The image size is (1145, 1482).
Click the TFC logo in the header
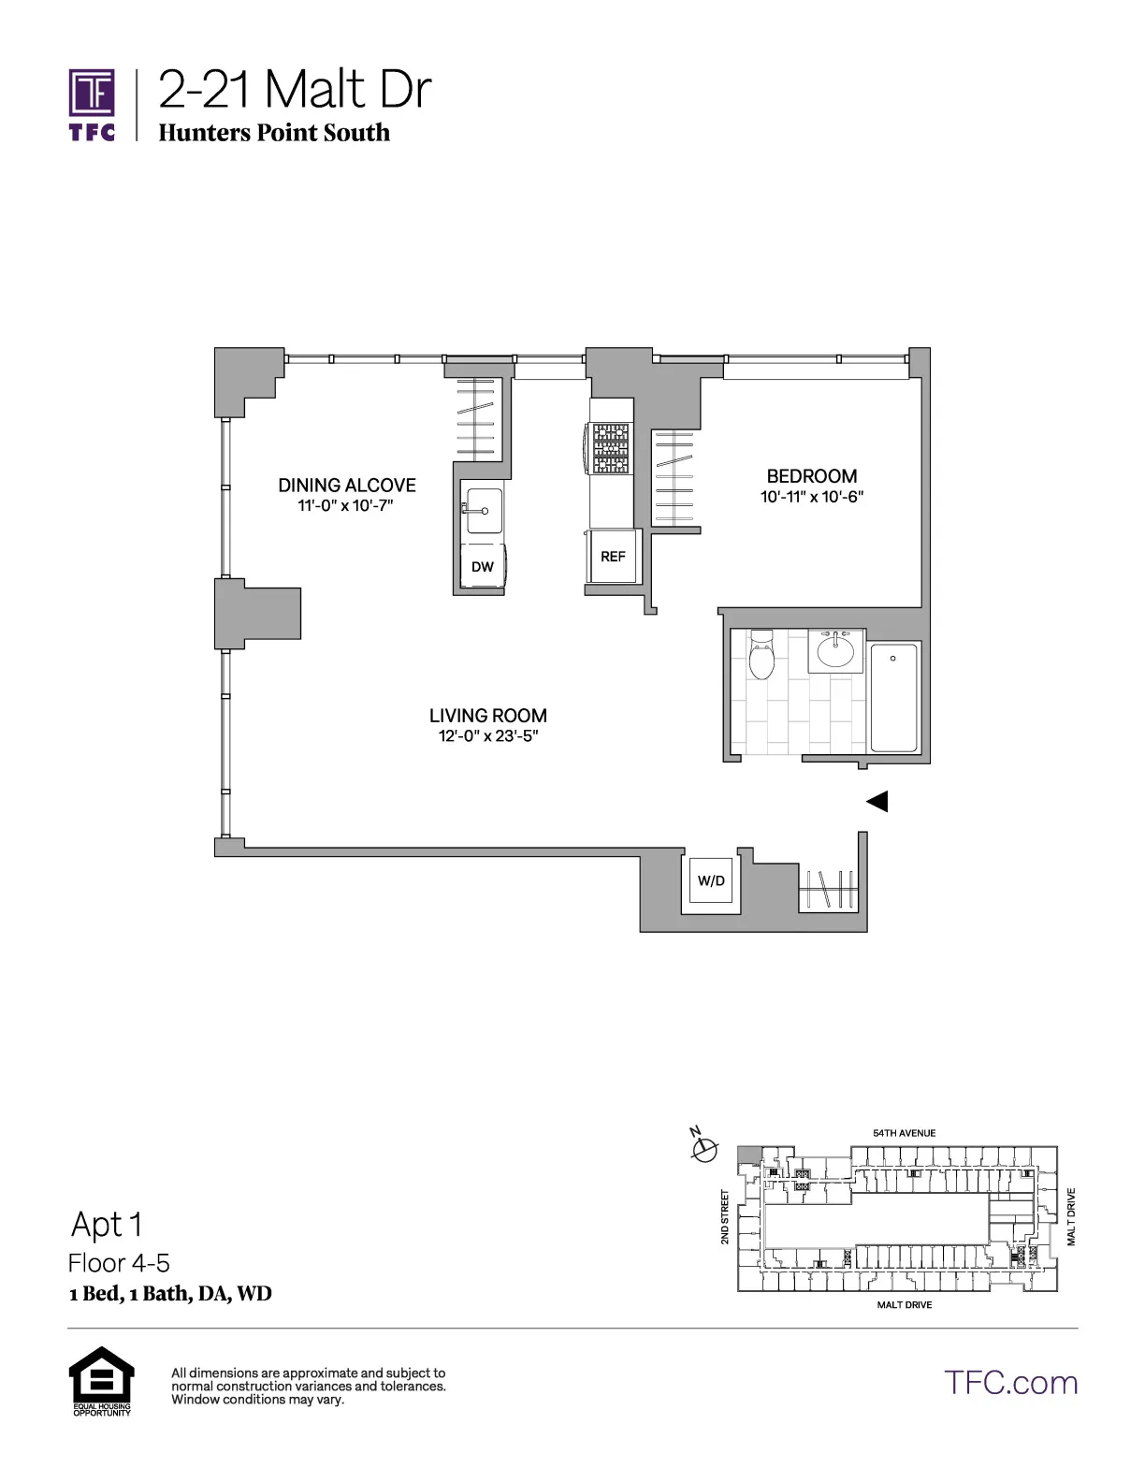pyautogui.click(x=92, y=103)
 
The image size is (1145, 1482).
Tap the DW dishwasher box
pyautogui.click(x=483, y=567)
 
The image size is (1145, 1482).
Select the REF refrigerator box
pyautogui.click(x=613, y=557)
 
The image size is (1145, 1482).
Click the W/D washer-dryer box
pyautogui.click(x=711, y=880)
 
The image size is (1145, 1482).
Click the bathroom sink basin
pyautogui.click(x=834, y=647)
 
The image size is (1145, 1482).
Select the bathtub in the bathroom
pyautogui.click(x=894, y=697)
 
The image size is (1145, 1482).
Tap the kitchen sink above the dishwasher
pyautogui.click(x=484, y=510)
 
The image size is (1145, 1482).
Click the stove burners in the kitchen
pyautogui.click(x=610, y=449)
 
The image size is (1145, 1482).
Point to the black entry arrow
pyautogui.click(x=877, y=802)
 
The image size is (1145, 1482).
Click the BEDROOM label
pyautogui.click(x=811, y=476)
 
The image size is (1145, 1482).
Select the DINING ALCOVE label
pyautogui.click(x=346, y=486)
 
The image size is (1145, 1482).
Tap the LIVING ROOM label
pyautogui.click(x=487, y=716)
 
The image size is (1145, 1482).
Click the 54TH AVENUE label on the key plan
pyautogui.click(x=904, y=1133)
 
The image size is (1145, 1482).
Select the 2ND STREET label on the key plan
pyautogui.click(x=725, y=1217)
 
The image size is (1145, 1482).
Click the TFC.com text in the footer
pyautogui.click(x=1010, y=1383)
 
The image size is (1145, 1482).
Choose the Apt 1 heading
pyautogui.click(x=109, y=1225)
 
